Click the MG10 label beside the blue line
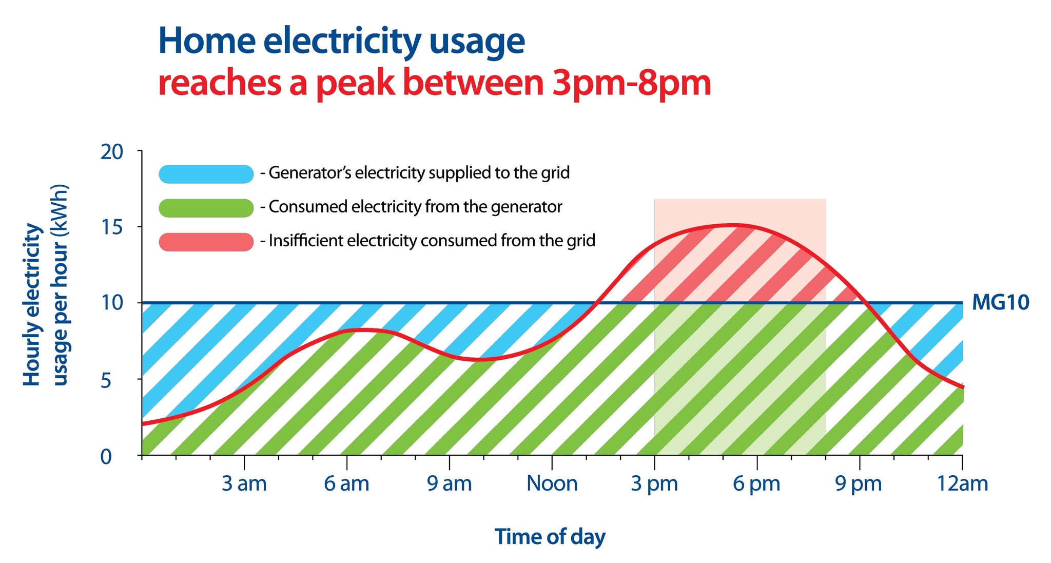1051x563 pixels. pos(1000,303)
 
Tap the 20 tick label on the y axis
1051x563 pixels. pos(112,152)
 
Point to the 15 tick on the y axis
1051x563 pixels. pos(112,227)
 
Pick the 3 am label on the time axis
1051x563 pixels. pos(244,484)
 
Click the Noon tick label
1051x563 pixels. pos(552,484)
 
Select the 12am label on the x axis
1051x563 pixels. pos(962,484)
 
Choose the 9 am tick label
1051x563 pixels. pos(449,484)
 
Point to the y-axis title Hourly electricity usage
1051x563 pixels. pos(45,285)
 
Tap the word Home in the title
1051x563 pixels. pos(207,41)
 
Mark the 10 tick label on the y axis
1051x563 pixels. pos(112,303)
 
